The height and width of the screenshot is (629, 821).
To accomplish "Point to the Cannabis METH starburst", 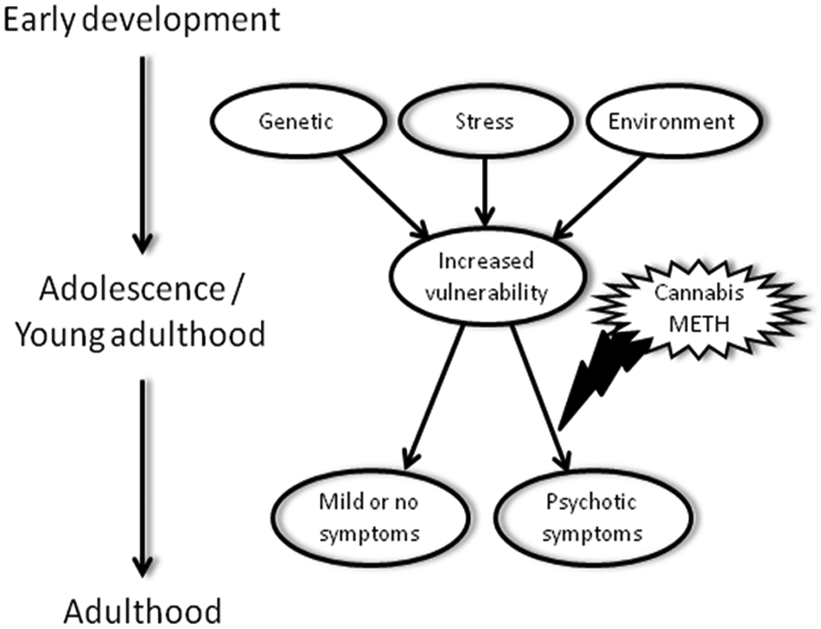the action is click(699, 308).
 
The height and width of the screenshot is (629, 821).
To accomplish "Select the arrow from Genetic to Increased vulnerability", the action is click(385, 196).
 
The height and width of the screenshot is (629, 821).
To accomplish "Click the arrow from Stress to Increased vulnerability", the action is click(485, 192).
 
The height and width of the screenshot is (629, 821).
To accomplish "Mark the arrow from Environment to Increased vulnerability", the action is click(599, 197).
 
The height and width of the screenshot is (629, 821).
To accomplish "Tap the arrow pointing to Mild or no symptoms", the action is click(434, 397).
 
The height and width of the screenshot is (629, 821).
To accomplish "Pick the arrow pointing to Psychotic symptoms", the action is click(541, 397).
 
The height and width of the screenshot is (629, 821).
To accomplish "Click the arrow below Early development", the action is click(143, 155).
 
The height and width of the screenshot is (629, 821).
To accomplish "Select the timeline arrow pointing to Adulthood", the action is click(143, 479).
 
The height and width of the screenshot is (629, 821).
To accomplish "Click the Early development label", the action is click(142, 20).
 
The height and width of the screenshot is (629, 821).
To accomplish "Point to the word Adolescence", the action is click(132, 289).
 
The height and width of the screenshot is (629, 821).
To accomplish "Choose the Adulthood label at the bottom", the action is click(143, 611).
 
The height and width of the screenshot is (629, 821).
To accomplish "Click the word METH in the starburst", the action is click(699, 324).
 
